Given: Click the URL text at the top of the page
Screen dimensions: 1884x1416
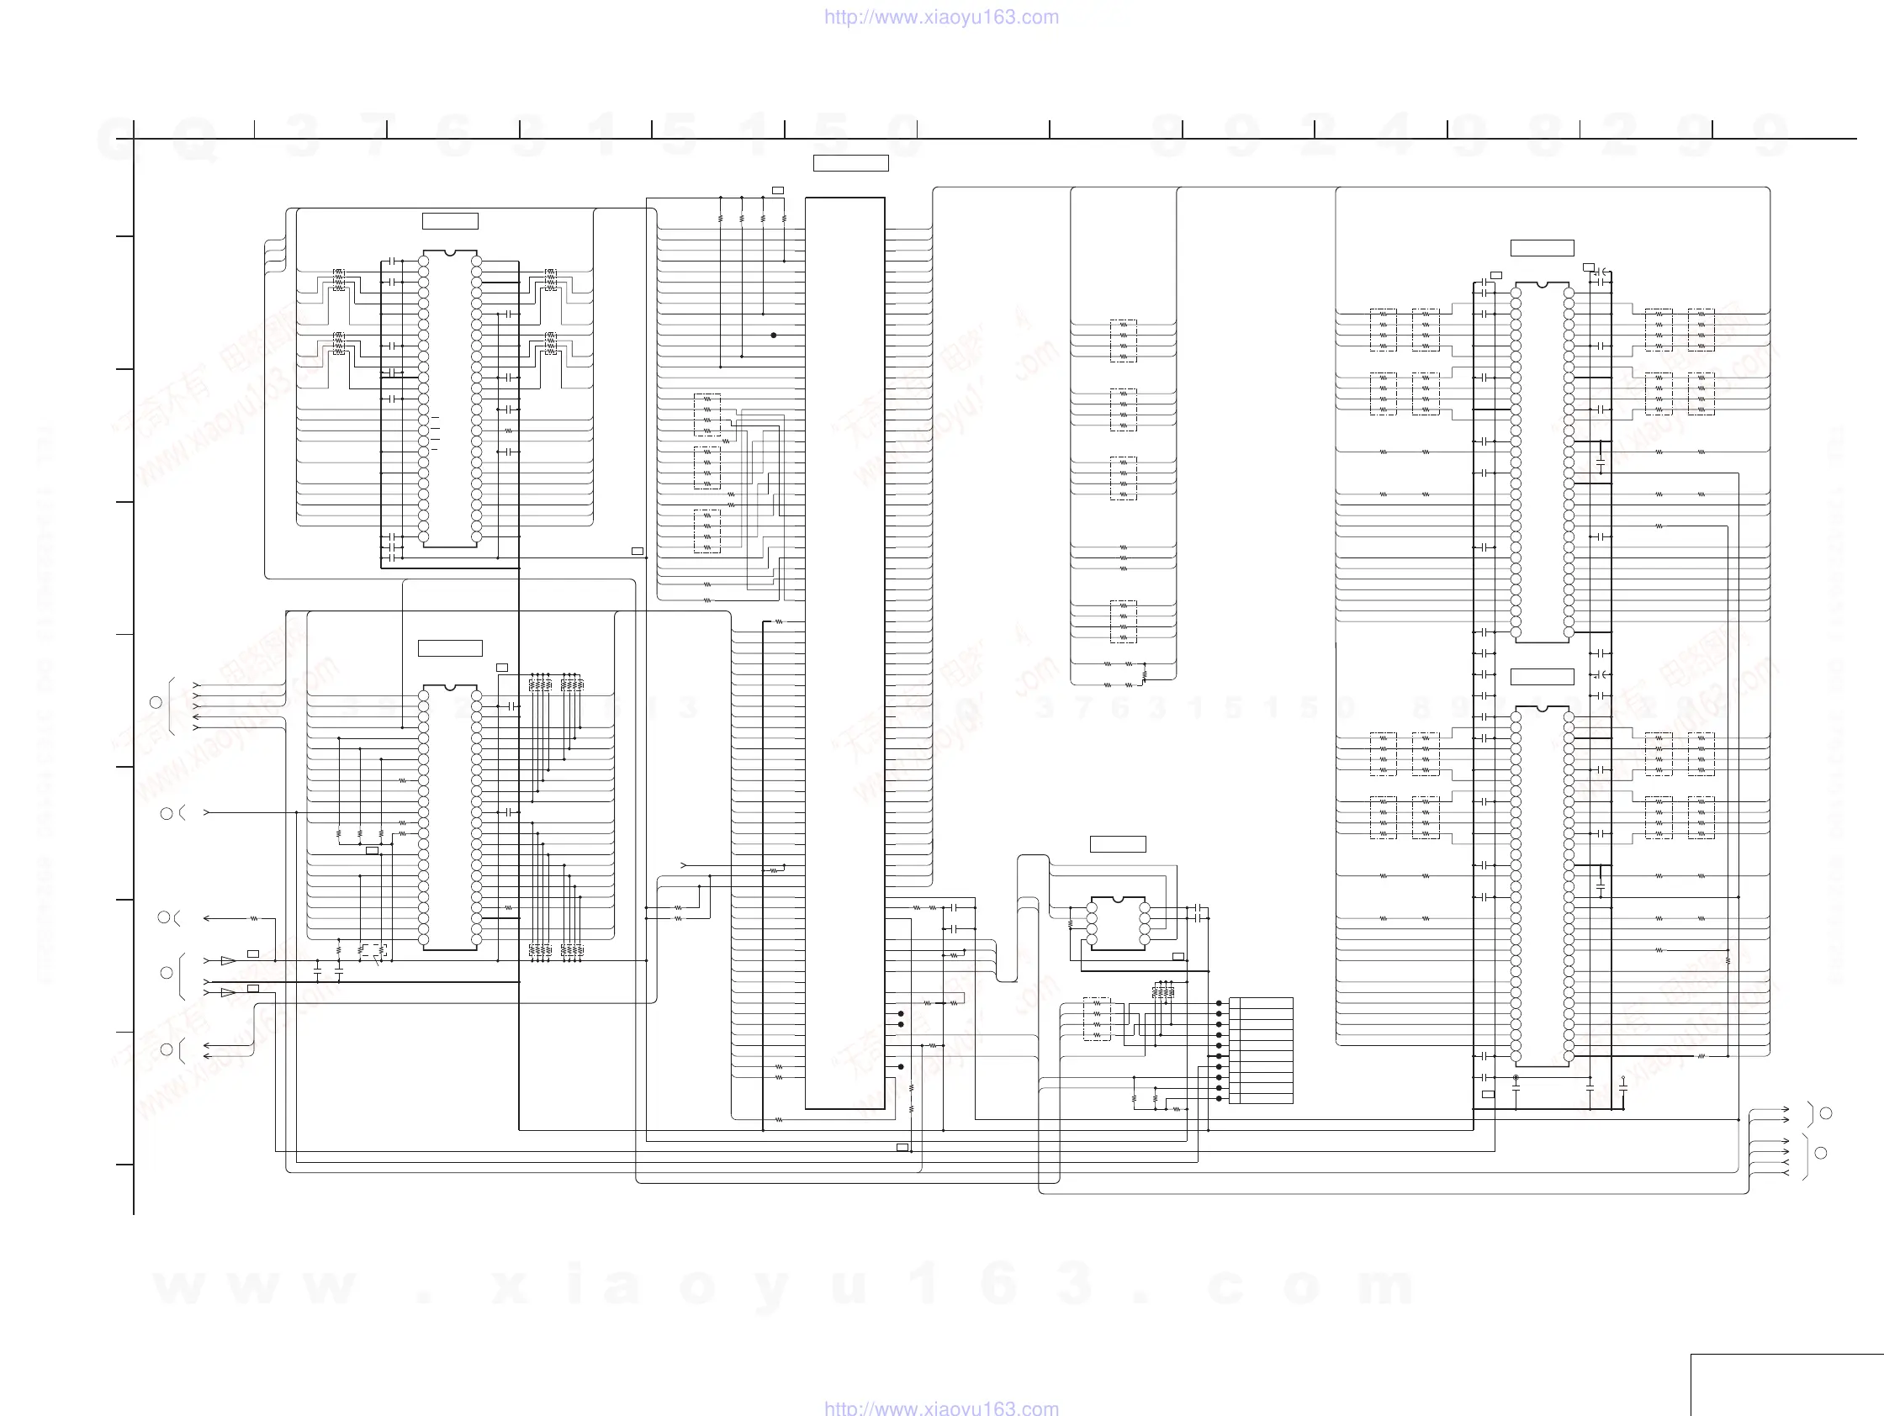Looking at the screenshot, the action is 941,17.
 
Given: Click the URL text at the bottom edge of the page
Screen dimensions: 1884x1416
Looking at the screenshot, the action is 941,1408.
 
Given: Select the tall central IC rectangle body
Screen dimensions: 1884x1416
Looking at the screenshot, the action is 845,653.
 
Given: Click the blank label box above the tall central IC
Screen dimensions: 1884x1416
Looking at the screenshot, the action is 851,163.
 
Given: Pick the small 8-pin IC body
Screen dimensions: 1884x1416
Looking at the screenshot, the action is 1119,923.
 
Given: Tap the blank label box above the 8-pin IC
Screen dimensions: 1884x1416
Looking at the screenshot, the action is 1119,844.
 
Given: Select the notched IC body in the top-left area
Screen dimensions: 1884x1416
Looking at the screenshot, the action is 450,399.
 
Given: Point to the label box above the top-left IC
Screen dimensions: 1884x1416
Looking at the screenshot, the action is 451,221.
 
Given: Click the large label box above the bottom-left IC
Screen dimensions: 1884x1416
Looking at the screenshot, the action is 451,648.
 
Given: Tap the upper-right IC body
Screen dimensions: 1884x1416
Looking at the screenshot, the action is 1543,462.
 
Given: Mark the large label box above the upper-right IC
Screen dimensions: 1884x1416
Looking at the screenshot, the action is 1543,248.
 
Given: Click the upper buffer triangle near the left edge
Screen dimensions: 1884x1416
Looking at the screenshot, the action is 227,961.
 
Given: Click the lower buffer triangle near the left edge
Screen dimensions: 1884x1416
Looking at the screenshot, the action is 227,993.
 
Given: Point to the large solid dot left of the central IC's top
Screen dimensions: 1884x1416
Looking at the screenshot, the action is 773,336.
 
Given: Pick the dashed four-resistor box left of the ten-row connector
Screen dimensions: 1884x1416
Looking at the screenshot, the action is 1097,1019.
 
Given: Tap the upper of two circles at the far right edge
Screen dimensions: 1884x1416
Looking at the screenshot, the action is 1825,1113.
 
